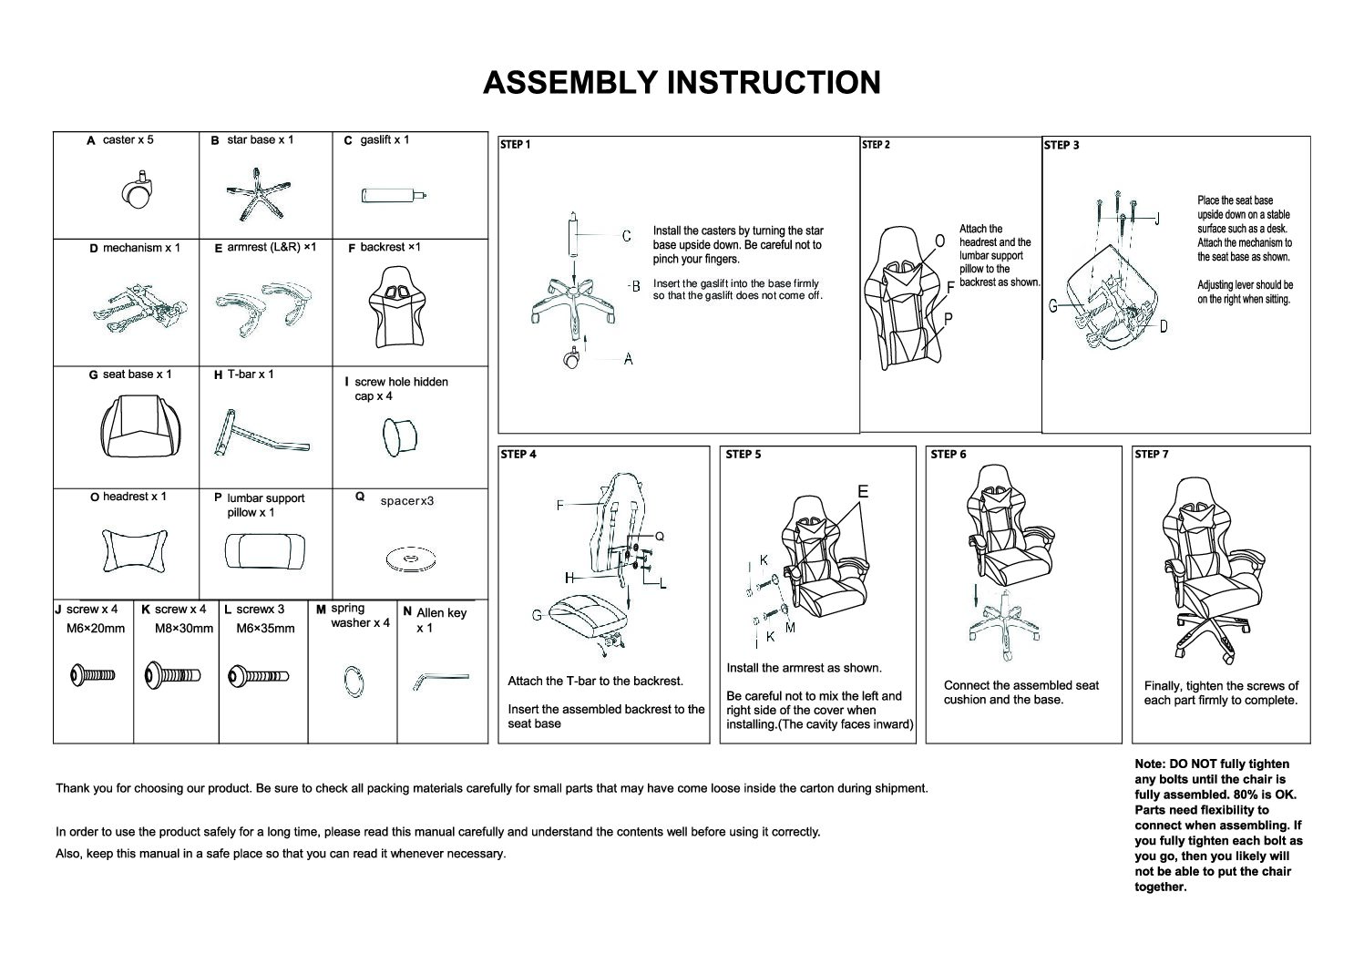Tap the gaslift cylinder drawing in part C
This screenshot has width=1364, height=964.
[393, 196]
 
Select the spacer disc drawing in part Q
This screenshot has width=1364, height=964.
[406, 558]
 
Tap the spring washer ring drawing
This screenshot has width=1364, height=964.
[353, 680]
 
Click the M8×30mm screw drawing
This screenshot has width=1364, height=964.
[173, 676]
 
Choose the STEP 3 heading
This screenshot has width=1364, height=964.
[1061, 145]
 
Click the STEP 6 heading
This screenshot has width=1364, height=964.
[949, 454]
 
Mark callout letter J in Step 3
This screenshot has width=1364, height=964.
[1156, 219]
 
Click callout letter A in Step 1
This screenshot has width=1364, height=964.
[628, 360]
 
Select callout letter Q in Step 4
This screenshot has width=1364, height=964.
[660, 537]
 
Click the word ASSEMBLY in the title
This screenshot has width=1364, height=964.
[570, 83]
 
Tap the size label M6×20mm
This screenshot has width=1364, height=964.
[96, 629]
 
